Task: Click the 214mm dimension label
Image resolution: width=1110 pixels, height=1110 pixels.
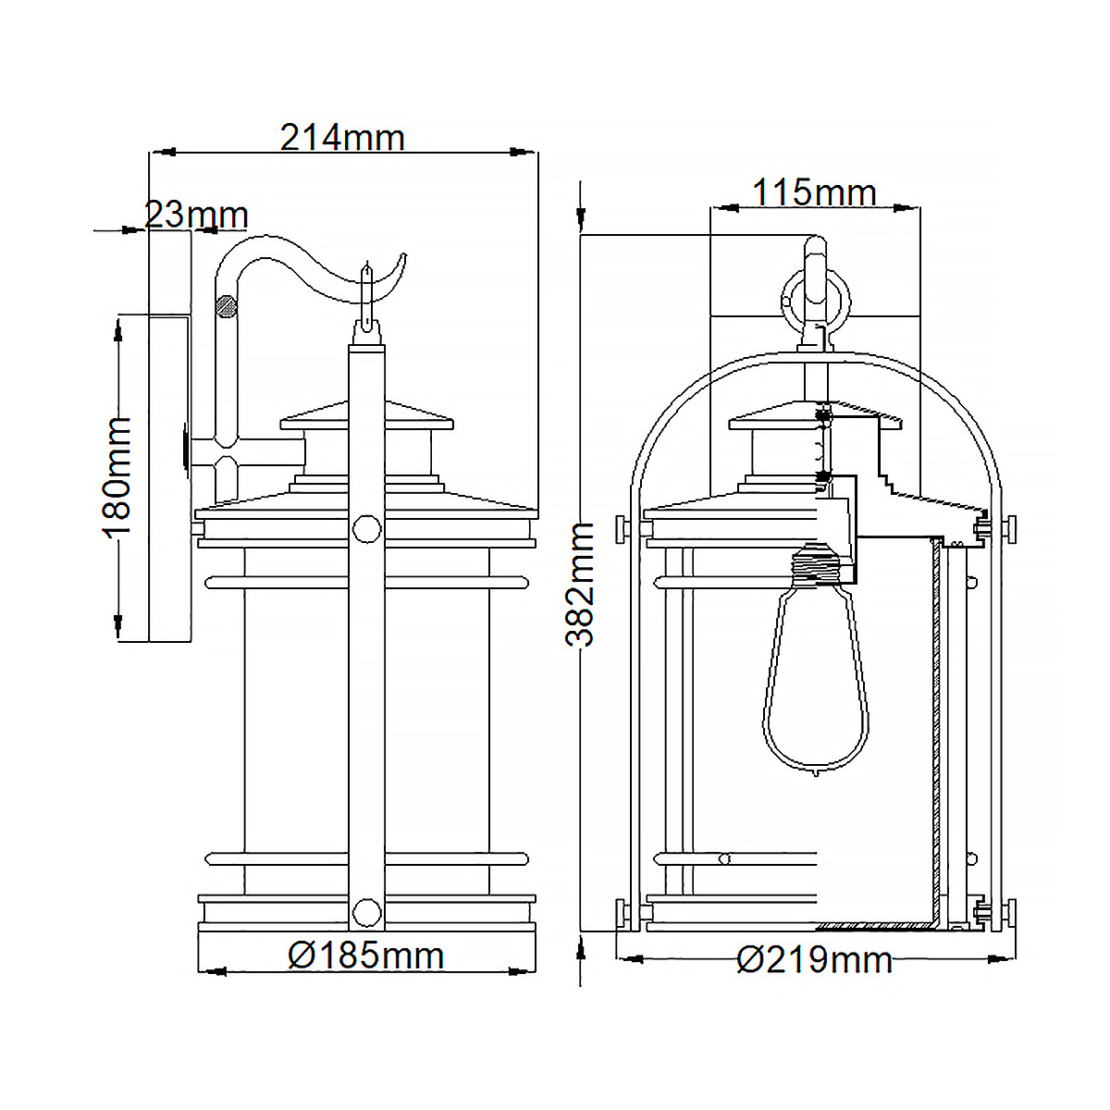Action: pyautogui.click(x=342, y=138)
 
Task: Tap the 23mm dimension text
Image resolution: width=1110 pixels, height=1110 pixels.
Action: pyautogui.click(x=196, y=216)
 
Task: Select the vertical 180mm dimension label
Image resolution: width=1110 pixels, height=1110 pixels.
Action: pyautogui.click(x=117, y=475)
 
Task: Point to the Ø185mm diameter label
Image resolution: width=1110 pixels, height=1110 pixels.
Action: pyautogui.click(x=366, y=956)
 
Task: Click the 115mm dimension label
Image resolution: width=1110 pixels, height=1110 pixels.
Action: pyautogui.click(x=814, y=193)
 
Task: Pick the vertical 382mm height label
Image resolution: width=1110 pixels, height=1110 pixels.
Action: pyautogui.click(x=581, y=584)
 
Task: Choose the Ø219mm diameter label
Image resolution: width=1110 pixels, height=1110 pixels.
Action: pyautogui.click(x=815, y=960)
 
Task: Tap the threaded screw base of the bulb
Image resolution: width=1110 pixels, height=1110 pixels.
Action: pyautogui.click(x=817, y=564)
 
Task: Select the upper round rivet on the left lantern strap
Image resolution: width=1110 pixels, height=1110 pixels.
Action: pyautogui.click(x=367, y=530)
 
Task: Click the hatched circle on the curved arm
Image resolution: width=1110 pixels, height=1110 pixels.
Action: pyautogui.click(x=225, y=305)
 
